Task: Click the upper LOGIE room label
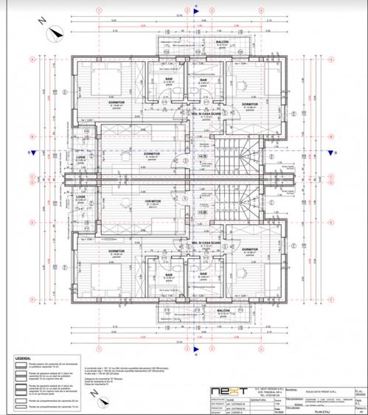click(81, 156)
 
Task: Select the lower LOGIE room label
click(81, 197)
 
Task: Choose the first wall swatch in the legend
click(16, 366)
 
